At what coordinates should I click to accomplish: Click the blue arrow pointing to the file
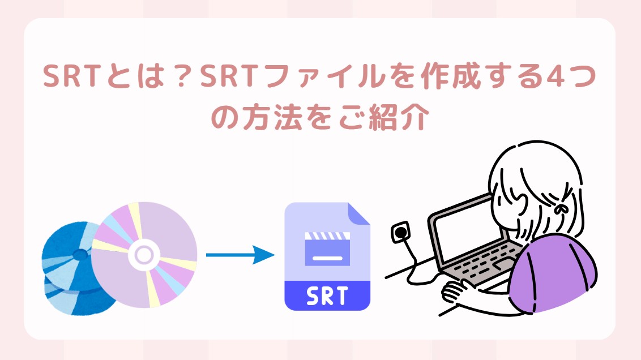pyautogui.click(x=240, y=255)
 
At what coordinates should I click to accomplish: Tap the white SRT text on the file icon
pyautogui.click(x=327, y=296)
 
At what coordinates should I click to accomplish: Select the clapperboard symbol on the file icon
pyautogui.click(x=327, y=249)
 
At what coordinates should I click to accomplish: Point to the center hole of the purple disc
pyautogui.click(x=144, y=255)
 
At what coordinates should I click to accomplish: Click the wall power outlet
pyautogui.click(x=400, y=233)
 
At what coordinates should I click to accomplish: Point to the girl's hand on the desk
pyautogui.click(x=456, y=292)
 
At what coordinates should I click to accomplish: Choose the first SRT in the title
pyautogui.click(x=72, y=76)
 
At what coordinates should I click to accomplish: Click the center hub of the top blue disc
pyautogui.click(x=80, y=255)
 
